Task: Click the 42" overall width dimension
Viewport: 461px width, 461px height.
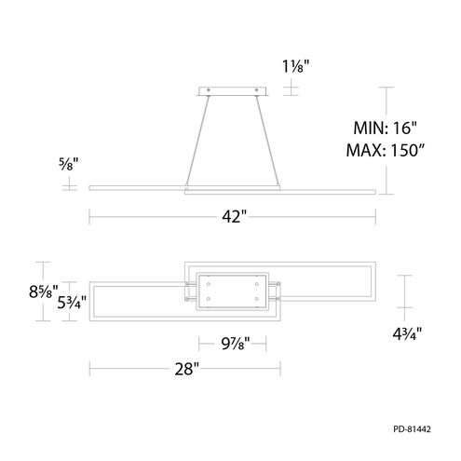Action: pyautogui.click(x=235, y=216)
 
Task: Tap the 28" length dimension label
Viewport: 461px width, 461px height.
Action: pyautogui.click(x=186, y=369)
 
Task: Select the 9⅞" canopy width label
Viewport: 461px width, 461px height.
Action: pyautogui.click(x=236, y=344)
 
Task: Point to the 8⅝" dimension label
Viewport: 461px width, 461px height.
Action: pyautogui.click(x=44, y=292)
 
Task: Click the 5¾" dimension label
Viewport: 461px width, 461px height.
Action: pyautogui.click(x=72, y=302)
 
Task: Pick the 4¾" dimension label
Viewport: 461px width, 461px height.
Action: pyautogui.click(x=407, y=333)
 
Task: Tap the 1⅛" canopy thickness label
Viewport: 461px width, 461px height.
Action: pyautogui.click(x=295, y=66)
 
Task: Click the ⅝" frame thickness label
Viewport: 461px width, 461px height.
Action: pyautogui.click(x=69, y=164)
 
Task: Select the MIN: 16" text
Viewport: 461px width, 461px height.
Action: pyautogui.click(x=385, y=128)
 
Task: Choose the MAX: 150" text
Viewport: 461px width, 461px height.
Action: pyautogui.click(x=386, y=150)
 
